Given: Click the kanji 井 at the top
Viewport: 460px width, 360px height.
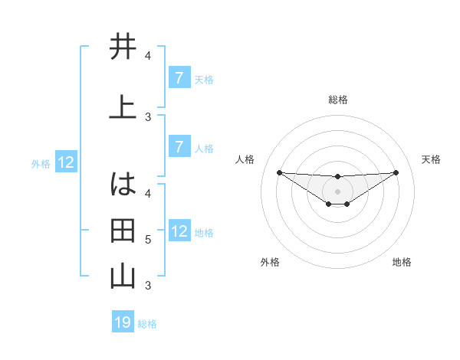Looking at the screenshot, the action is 123,47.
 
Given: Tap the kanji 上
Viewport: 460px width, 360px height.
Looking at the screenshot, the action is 123,108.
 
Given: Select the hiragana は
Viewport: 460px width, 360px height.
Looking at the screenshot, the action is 123,185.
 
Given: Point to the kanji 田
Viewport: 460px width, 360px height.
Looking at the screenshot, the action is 123,231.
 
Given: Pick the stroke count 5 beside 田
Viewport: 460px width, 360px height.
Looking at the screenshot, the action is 148,240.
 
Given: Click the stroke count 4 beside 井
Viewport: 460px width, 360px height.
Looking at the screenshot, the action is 148,56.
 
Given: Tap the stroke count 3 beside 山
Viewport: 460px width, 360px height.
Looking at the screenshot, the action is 148,286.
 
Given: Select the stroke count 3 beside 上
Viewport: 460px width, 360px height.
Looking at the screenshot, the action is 148,117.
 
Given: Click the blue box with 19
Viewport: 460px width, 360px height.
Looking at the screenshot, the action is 123,322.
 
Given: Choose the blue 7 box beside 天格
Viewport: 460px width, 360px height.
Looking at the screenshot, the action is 179,78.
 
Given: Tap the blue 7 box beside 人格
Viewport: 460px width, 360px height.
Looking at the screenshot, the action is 179,147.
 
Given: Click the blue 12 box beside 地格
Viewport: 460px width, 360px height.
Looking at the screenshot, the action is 179,231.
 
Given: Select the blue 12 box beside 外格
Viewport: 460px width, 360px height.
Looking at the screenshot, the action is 66,162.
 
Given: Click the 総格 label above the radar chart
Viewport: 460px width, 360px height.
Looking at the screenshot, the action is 337,100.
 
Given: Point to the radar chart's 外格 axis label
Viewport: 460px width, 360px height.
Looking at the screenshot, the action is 270,262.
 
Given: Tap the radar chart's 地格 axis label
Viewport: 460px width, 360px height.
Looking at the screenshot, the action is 402,262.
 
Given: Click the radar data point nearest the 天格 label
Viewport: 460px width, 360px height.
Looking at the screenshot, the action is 396,172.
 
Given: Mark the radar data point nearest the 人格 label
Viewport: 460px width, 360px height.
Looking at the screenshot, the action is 279,172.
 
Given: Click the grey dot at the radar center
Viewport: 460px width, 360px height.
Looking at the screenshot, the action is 337,191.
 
